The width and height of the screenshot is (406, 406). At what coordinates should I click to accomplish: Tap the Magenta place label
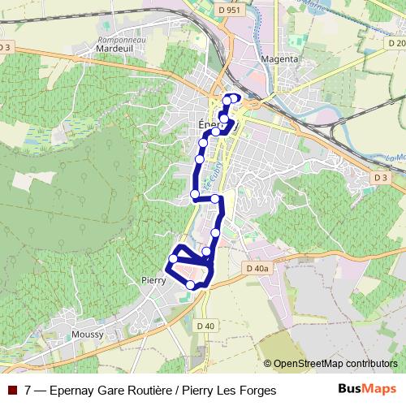pos(281,59)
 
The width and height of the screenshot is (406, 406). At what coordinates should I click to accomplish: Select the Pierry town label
pos(153,280)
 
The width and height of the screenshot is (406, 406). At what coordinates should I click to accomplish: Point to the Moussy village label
pos(88,335)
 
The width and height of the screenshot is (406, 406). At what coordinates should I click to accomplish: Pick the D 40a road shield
pos(256,267)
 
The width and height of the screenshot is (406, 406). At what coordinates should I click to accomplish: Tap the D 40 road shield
pos(205,326)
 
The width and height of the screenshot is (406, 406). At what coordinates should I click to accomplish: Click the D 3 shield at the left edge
pos(6,47)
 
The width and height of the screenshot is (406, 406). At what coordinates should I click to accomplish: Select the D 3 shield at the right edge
pos(381,176)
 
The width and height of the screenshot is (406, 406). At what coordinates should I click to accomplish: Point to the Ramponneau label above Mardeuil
pos(114,39)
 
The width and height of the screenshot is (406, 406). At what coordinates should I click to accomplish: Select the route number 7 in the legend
pos(28,391)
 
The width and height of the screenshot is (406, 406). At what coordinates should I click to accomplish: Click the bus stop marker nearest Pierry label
pos(173,259)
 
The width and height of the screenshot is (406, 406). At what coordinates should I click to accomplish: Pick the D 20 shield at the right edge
pos(397,43)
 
